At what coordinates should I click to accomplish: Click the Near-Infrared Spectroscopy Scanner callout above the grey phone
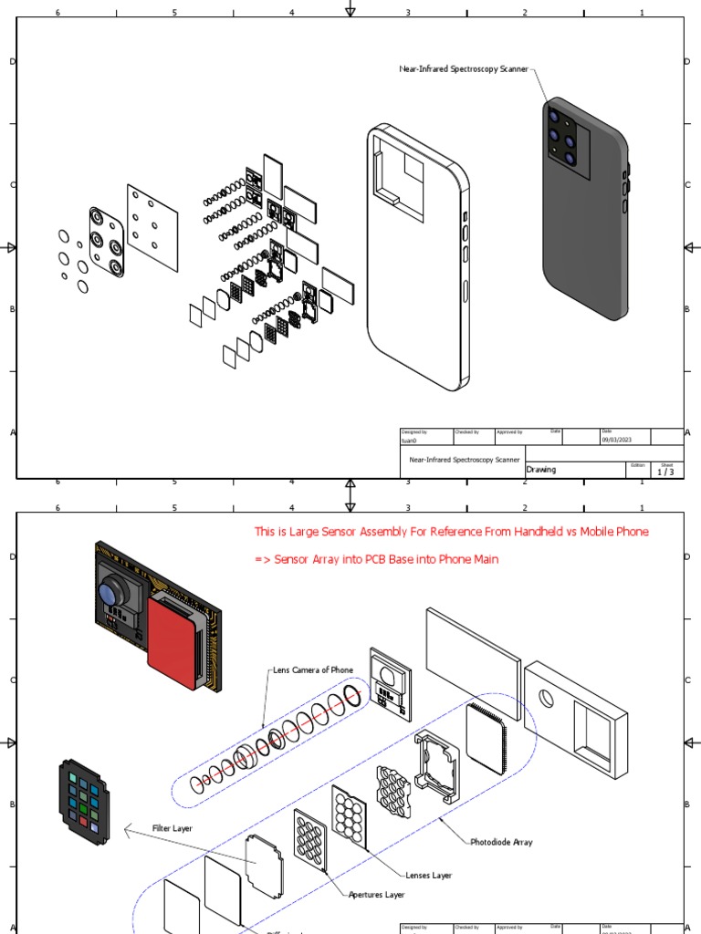point(464,69)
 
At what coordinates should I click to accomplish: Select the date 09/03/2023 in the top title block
point(617,440)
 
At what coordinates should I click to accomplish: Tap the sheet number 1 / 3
point(665,472)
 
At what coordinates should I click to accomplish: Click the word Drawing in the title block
point(541,470)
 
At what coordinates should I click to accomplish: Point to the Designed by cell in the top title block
point(416,436)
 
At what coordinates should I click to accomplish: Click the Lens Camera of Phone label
point(313,669)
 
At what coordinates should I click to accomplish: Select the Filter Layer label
point(172,828)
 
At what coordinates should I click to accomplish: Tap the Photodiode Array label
point(501,842)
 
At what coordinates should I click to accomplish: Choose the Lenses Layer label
point(429,876)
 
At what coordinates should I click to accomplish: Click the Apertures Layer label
point(377,895)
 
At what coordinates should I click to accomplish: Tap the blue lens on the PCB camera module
point(109,590)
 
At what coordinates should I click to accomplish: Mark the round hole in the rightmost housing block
point(547,700)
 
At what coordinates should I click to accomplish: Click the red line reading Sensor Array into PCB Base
point(376,559)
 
